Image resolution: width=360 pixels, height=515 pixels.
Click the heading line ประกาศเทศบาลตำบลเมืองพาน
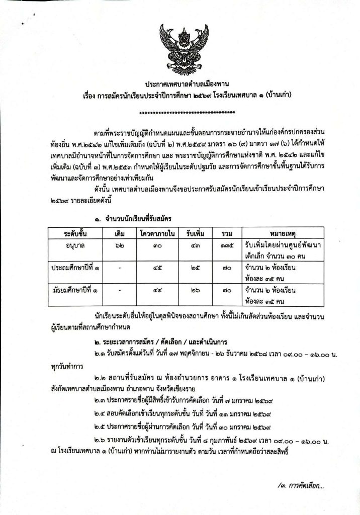tap(179, 84)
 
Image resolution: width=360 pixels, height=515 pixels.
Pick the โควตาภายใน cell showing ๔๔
tap(158, 291)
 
